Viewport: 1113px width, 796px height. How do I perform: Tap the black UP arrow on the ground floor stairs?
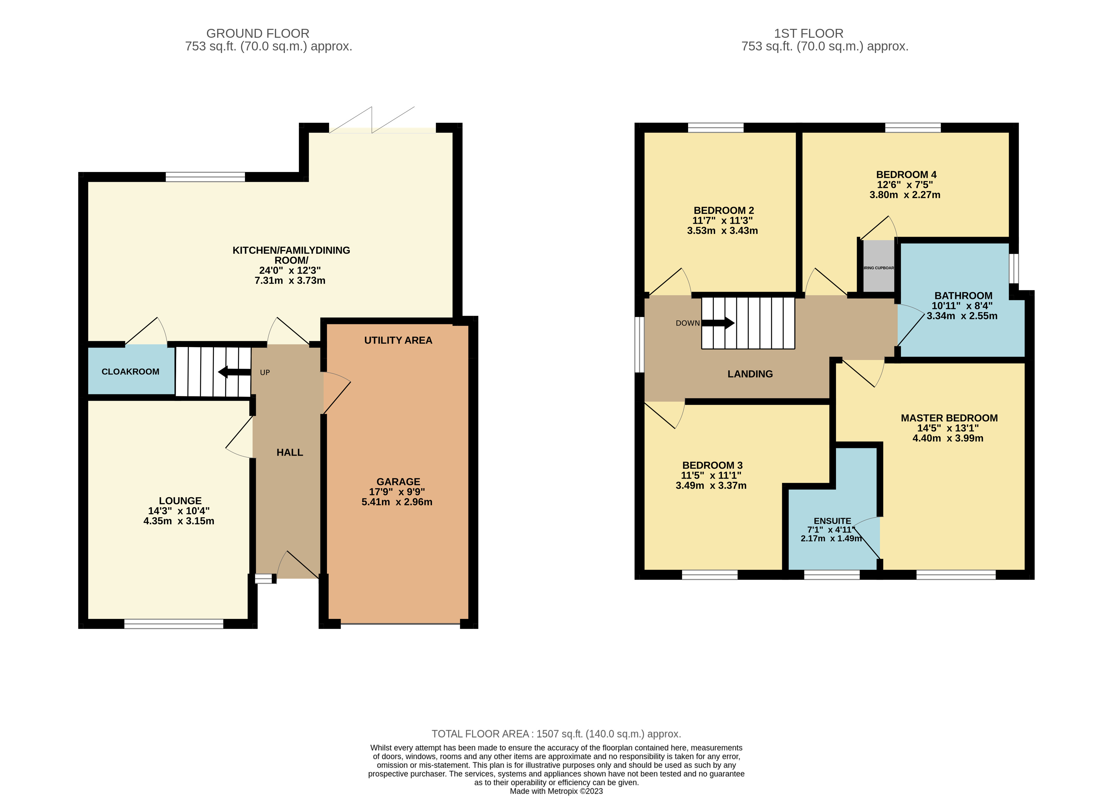[234, 372]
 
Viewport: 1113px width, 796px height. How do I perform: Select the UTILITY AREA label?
[398, 340]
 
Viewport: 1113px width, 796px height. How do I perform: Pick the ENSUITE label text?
[832, 521]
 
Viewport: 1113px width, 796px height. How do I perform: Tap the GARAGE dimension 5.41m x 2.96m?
[397, 502]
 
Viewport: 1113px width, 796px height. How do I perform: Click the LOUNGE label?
[180, 500]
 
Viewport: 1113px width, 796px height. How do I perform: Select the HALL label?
[289, 452]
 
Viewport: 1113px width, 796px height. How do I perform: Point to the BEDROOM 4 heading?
[906, 174]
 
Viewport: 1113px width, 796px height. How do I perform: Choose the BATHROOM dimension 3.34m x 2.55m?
[962, 316]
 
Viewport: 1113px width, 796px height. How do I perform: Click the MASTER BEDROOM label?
[949, 418]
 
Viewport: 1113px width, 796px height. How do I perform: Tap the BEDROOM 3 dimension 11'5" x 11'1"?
[711, 475]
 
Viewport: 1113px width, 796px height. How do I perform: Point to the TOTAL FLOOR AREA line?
[556, 734]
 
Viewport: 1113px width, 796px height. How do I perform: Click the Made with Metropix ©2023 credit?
[556, 791]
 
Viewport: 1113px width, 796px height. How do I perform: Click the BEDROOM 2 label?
[723, 210]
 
